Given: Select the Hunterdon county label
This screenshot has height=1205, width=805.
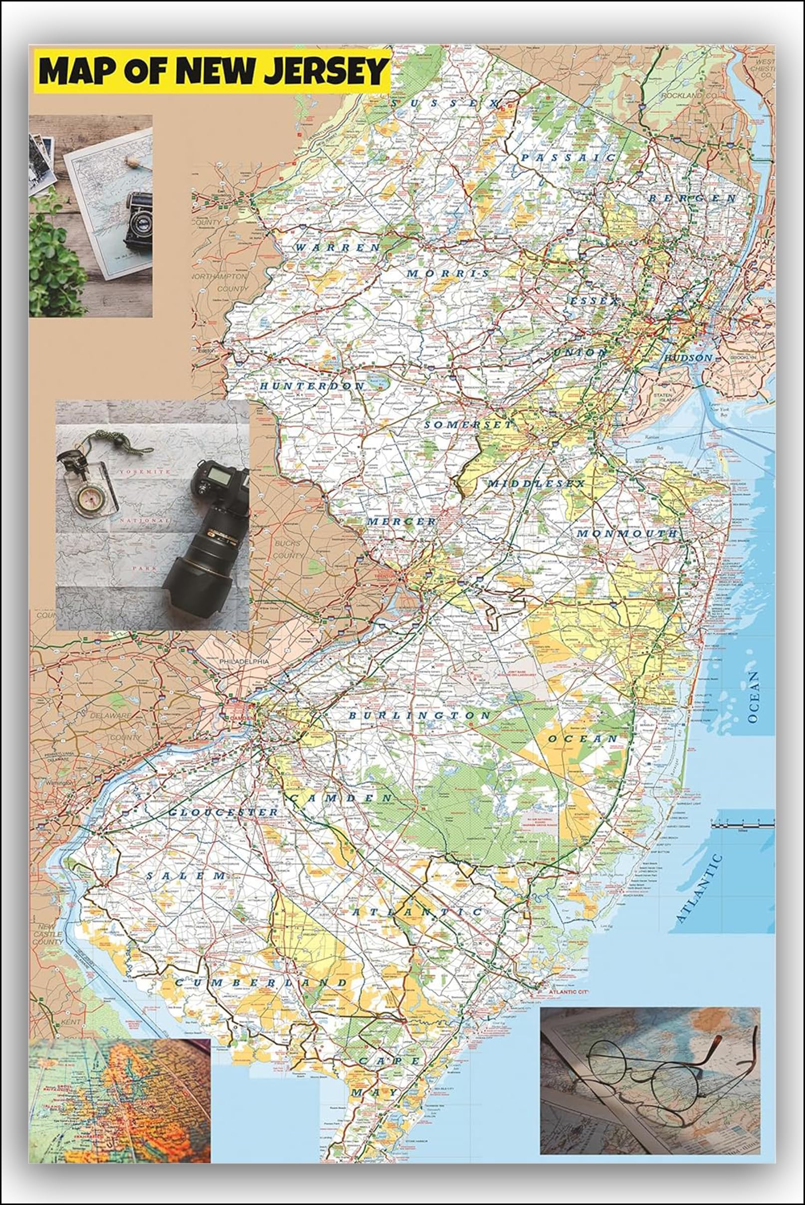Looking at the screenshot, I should point(312,386).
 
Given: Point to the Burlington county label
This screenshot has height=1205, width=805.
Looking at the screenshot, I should point(420,715).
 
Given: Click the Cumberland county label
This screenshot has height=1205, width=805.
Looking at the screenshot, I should point(261,983).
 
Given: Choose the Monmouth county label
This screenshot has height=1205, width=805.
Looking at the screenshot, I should point(627,534).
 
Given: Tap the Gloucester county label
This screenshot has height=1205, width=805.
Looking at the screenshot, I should point(223,812).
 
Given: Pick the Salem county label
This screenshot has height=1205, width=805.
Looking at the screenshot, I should point(186,875).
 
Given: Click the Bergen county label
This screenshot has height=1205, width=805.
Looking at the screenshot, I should point(693,198).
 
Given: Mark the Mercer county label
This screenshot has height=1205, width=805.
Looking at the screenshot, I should point(402,521).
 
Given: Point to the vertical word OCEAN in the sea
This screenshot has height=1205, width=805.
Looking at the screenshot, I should point(753,697).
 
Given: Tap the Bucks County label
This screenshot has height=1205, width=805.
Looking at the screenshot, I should point(288,549).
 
